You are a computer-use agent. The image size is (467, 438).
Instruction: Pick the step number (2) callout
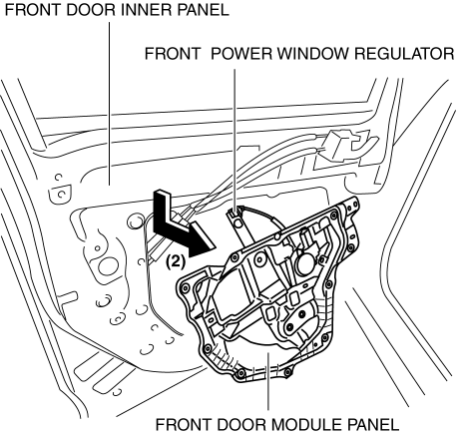175,262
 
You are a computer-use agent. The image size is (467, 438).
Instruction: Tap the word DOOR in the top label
91,10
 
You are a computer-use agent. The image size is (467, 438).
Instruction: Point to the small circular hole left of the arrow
135,220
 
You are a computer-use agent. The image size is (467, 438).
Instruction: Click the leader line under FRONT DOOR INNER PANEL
109,104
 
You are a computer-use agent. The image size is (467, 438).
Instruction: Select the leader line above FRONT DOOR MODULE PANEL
267,380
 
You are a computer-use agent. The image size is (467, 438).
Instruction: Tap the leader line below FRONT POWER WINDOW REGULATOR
235,140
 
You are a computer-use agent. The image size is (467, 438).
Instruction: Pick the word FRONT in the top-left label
33,10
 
